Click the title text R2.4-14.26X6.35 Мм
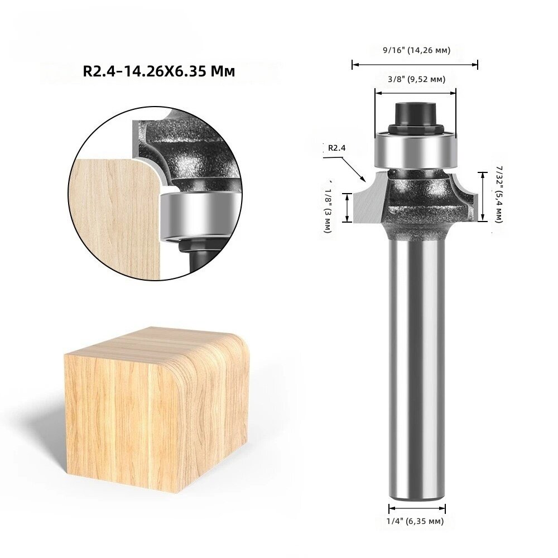[158, 71]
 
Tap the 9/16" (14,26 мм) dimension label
[416, 50]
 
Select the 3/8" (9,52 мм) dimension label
[416, 79]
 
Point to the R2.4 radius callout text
[336, 148]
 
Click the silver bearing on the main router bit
[415, 150]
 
